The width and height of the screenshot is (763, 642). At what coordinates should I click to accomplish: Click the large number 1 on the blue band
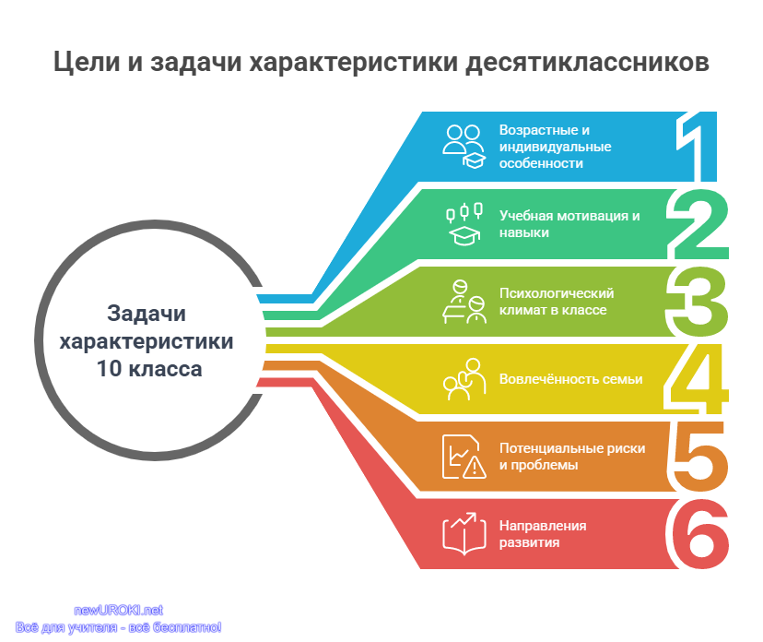[x=697, y=146]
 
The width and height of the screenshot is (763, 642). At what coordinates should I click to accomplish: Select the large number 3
[x=698, y=302]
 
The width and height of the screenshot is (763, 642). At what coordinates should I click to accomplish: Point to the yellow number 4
[x=697, y=379]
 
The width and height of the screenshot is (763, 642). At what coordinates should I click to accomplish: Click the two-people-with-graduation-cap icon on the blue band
[x=464, y=147]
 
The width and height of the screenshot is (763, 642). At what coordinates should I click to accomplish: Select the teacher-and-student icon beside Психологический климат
[x=464, y=302]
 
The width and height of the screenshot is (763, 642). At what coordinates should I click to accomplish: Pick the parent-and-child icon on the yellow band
[x=464, y=379]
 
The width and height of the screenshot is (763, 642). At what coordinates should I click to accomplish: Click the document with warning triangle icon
[x=464, y=457]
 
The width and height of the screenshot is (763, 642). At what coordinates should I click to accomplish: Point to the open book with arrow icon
[x=464, y=534]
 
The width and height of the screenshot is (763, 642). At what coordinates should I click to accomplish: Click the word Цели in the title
[x=87, y=63]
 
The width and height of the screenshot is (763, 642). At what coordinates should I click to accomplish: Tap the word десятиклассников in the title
[x=587, y=63]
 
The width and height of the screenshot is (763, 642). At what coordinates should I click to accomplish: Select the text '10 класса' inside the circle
[x=149, y=369]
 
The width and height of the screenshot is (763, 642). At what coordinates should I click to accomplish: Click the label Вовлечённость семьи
[x=570, y=379]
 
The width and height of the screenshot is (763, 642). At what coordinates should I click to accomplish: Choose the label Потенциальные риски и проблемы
[x=572, y=457]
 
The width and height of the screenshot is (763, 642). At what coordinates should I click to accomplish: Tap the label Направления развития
[x=543, y=534]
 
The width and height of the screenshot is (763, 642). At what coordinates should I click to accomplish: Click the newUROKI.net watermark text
[x=118, y=610]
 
